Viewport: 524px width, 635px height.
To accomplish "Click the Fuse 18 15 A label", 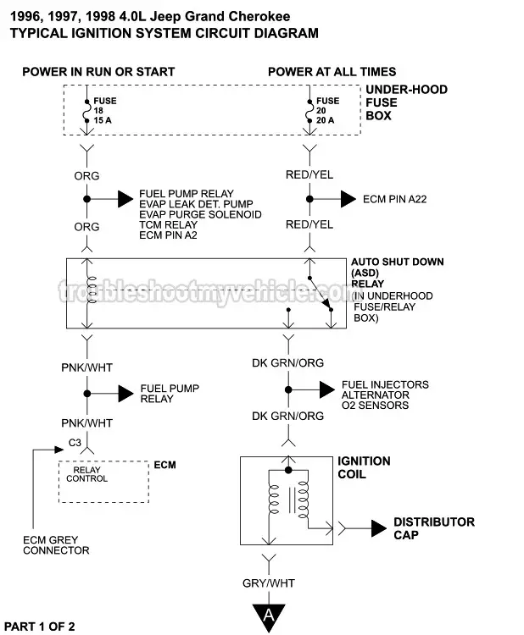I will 105,110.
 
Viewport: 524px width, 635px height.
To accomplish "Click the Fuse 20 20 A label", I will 327,110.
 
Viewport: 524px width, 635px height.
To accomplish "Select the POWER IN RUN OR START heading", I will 98,72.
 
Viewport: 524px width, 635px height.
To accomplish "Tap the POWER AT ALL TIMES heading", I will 332,72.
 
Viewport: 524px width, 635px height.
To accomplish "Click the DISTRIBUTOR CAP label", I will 433,528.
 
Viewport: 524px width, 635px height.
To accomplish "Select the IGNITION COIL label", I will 364,467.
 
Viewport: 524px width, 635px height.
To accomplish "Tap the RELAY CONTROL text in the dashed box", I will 90,474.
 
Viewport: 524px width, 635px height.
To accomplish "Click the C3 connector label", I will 75,443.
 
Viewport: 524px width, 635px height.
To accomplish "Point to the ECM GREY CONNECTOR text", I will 57,544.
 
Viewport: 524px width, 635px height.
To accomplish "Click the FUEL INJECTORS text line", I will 384,384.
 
